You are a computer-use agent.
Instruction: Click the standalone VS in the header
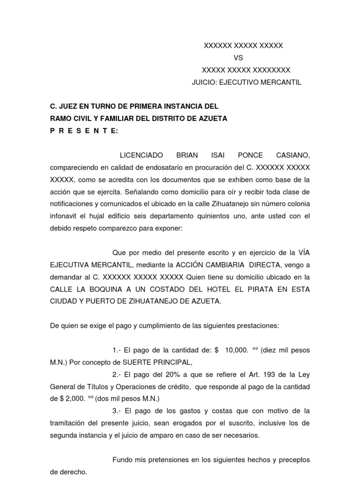[239, 58]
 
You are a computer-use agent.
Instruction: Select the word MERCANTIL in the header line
[281, 82]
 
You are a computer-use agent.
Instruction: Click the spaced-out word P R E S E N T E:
[84, 131]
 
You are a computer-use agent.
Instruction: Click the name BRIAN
[187, 155]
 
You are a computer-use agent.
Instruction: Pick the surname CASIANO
[292, 155]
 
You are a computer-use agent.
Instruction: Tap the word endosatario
[155, 167]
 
